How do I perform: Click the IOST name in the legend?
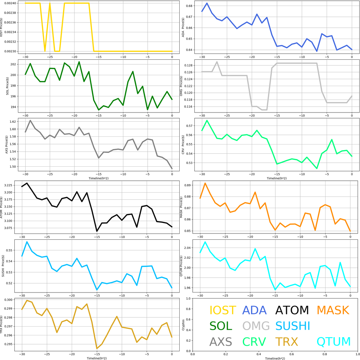[223, 310]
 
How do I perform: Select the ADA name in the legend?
[256, 310]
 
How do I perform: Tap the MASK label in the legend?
[333, 310]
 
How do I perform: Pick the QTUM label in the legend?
[334, 342]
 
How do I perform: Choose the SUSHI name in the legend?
[292, 326]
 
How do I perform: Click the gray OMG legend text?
[256, 326]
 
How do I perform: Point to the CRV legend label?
[256, 342]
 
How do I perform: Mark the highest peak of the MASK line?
[205, 183]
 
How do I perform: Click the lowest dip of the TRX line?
[97, 348]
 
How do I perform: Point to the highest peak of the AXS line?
[30, 121]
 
